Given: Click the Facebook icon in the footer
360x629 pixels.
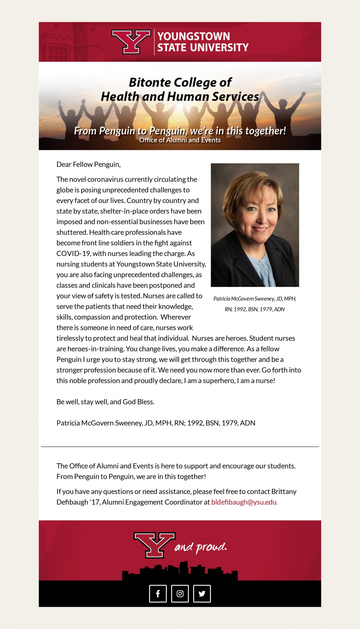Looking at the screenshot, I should pos(158,593).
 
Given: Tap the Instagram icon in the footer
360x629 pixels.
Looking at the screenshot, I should pos(180,593).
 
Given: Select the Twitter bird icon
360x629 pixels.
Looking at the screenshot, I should pos(202,593).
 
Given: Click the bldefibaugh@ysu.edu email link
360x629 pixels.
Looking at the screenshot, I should pos(244,502).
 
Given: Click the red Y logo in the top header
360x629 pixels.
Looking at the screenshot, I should pos(131,41).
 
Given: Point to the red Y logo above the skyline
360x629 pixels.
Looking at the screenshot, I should pos(154,545).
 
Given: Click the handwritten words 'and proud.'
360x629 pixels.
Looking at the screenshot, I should pos(201,547).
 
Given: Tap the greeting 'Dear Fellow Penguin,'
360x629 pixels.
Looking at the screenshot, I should pos(88,165).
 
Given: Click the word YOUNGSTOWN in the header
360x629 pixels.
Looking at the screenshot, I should pos(194,36).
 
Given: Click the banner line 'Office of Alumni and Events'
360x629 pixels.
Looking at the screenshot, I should pos(180,140).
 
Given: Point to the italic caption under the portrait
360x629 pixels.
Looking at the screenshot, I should pos(255,304).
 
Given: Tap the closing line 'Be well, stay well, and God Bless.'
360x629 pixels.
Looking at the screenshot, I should pos(105,402).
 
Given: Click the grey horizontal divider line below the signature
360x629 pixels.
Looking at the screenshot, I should pos(180,446).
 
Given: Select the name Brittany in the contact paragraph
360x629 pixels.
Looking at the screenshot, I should pos(284,492).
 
